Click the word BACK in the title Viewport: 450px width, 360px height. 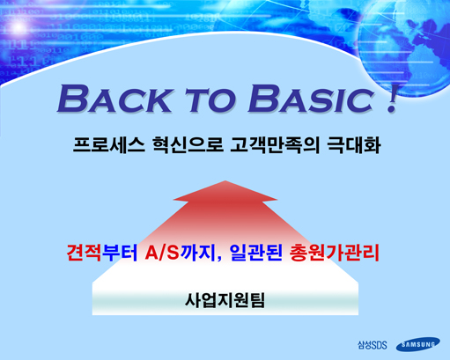[114, 99]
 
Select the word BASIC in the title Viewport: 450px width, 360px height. [311, 99]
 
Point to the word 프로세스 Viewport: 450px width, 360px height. [108, 145]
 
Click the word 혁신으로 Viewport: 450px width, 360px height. [188, 145]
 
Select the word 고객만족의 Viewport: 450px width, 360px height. [275, 145]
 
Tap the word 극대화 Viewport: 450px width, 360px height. [354, 145]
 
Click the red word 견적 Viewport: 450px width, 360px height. [84, 253]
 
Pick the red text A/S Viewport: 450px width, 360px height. [162, 253]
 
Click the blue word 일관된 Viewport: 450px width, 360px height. [255, 253]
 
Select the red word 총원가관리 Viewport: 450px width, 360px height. [335, 253]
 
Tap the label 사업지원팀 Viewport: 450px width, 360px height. [225, 300]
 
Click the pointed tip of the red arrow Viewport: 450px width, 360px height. [225, 180]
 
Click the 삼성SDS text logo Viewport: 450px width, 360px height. [372, 345]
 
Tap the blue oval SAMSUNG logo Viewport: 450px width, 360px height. [418, 344]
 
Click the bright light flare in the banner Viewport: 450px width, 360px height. [18, 28]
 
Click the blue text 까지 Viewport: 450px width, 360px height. [198, 253]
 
